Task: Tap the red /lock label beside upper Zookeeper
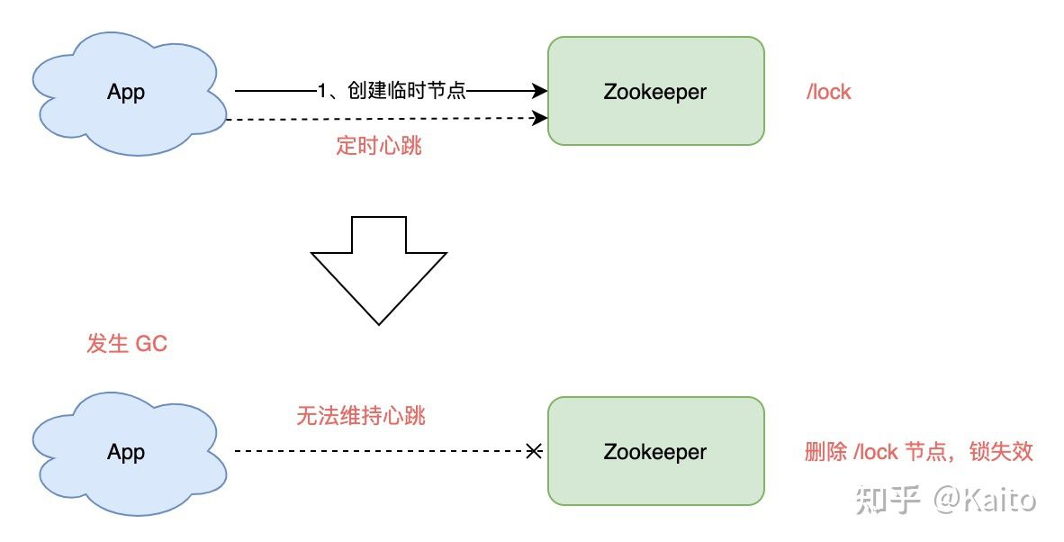coord(828,92)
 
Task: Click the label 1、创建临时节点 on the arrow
coord(392,91)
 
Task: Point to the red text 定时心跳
coord(379,146)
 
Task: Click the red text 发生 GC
coord(127,344)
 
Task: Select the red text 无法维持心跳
coord(360,416)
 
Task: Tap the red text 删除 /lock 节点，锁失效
coord(918,452)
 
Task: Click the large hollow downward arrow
coord(379,270)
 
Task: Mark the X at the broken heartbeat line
coord(534,451)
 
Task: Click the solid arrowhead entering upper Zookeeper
coord(541,91)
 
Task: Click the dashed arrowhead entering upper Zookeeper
coord(541,118)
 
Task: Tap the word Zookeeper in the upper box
coord(655,92)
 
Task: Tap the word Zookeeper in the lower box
coord(655,452)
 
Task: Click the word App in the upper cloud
coord(126,92)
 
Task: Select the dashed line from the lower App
coord(378,451)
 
